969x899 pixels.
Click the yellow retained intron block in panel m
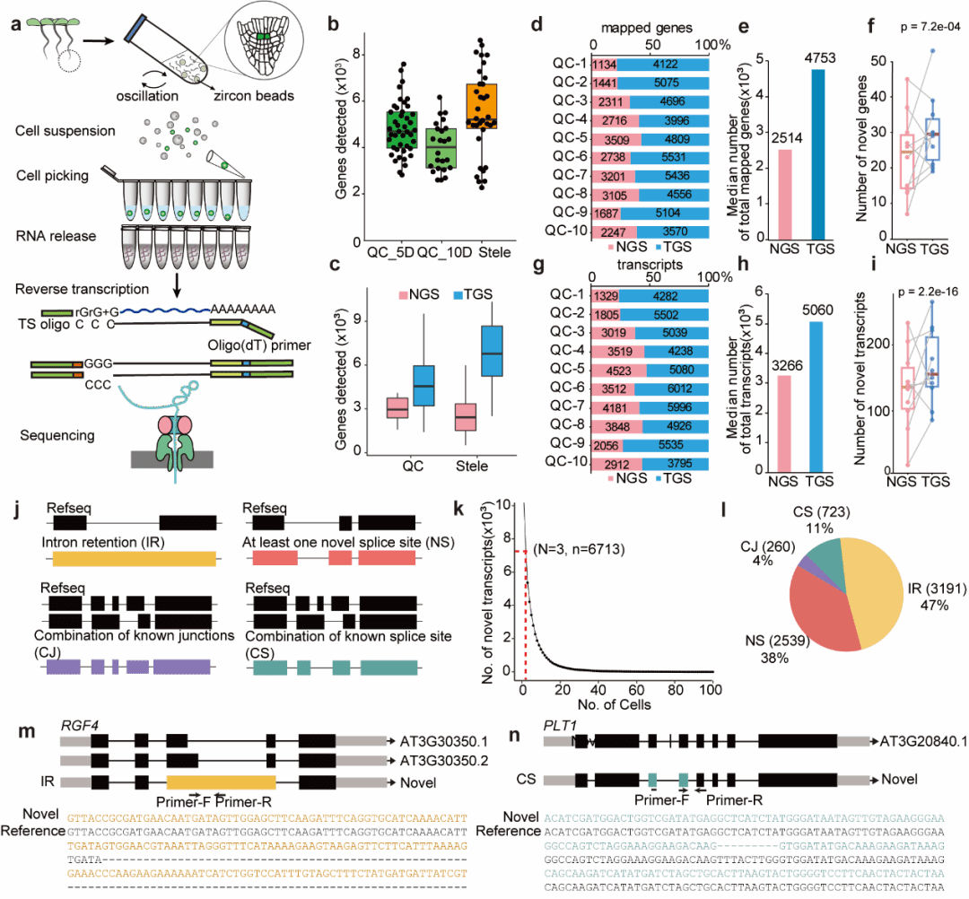point(221,781)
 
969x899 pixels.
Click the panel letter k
point(459,511)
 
